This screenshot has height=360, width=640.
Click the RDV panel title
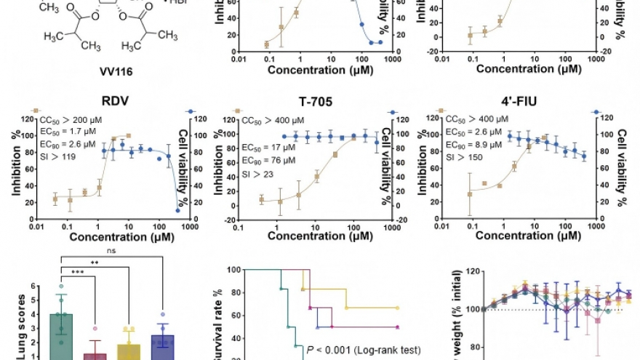coord(100,103)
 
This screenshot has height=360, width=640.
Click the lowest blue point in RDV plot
coord(178,210)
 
